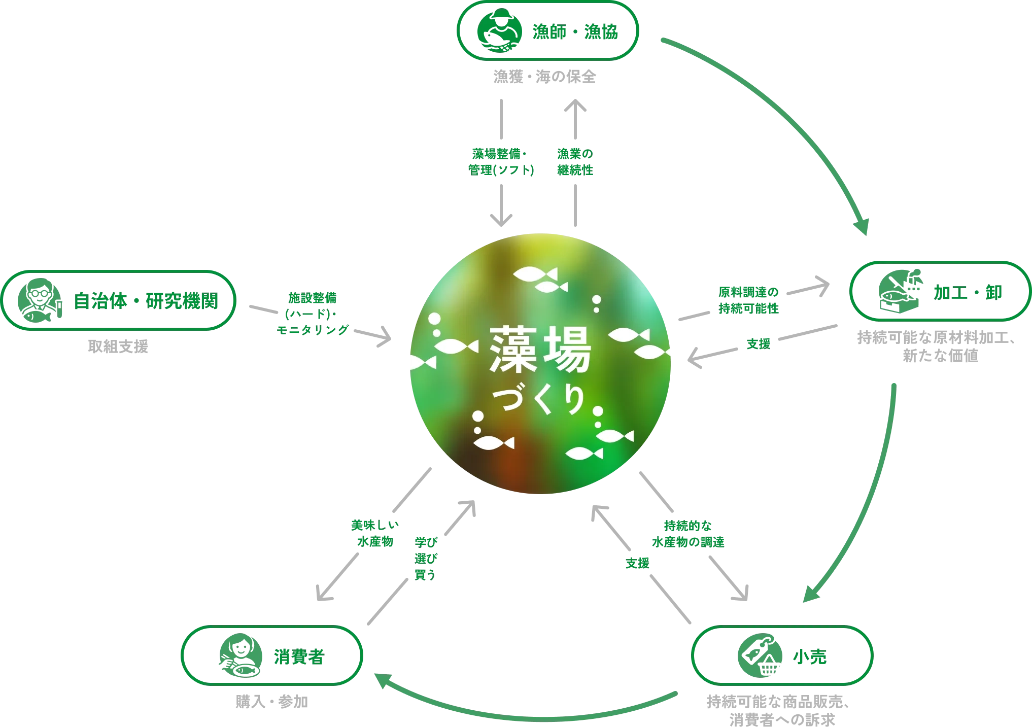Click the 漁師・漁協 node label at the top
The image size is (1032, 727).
(x=575, y=32)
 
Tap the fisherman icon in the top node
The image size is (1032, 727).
(x=499, y=32)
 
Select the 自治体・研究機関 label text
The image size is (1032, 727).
(x=146, y=301)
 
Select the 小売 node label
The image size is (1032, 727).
(x=810, y=656)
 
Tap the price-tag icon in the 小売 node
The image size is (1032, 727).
(x=758, y=656)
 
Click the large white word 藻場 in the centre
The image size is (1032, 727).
(x=540, y=350)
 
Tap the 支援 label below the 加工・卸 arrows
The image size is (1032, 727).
(x=759, y=345)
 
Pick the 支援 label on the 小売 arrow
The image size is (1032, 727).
(x=637, y=564)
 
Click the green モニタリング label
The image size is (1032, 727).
(x=313, y=330)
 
